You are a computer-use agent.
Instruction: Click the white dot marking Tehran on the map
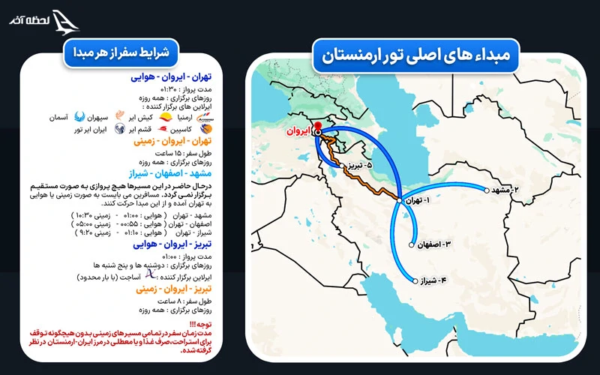click(x=399, y=199)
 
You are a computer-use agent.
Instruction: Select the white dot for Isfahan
click(x=412, y=244)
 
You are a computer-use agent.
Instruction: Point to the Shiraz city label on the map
click(x=436, y=281)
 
